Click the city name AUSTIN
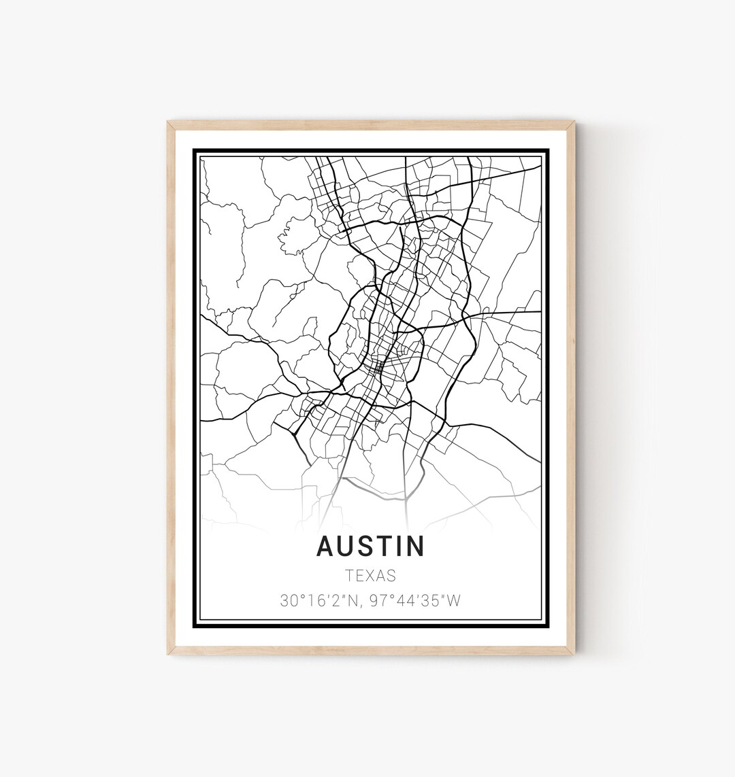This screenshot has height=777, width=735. pos(370,546)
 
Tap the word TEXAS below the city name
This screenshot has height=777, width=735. pos(370,575)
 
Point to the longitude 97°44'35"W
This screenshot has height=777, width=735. pos(414,601)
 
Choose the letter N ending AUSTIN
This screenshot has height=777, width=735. pos(415,546)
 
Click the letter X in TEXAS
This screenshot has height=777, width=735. pos(371,575)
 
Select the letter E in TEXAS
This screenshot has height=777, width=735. pos(361,575)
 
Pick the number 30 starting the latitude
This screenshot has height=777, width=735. pos(288,601)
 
